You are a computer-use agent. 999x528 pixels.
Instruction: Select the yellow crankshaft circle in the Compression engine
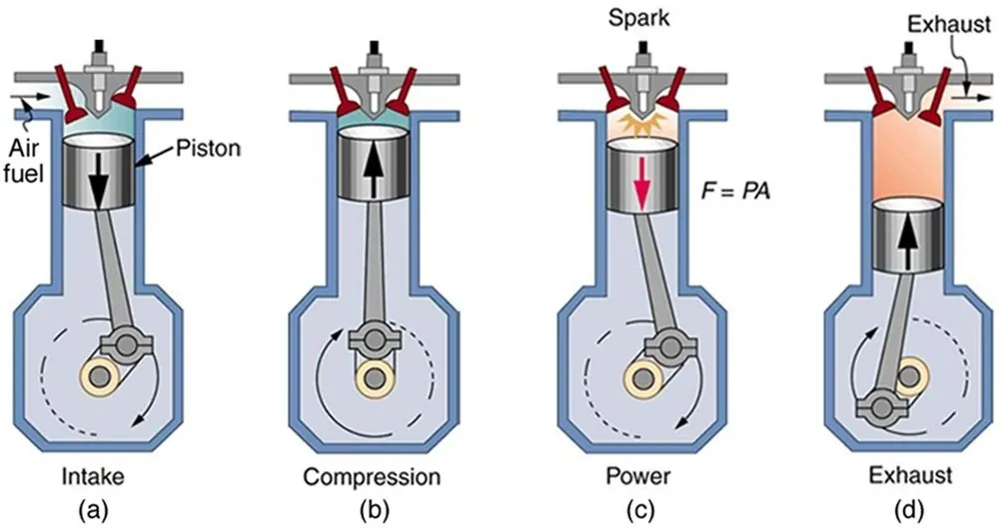point(373,379)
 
